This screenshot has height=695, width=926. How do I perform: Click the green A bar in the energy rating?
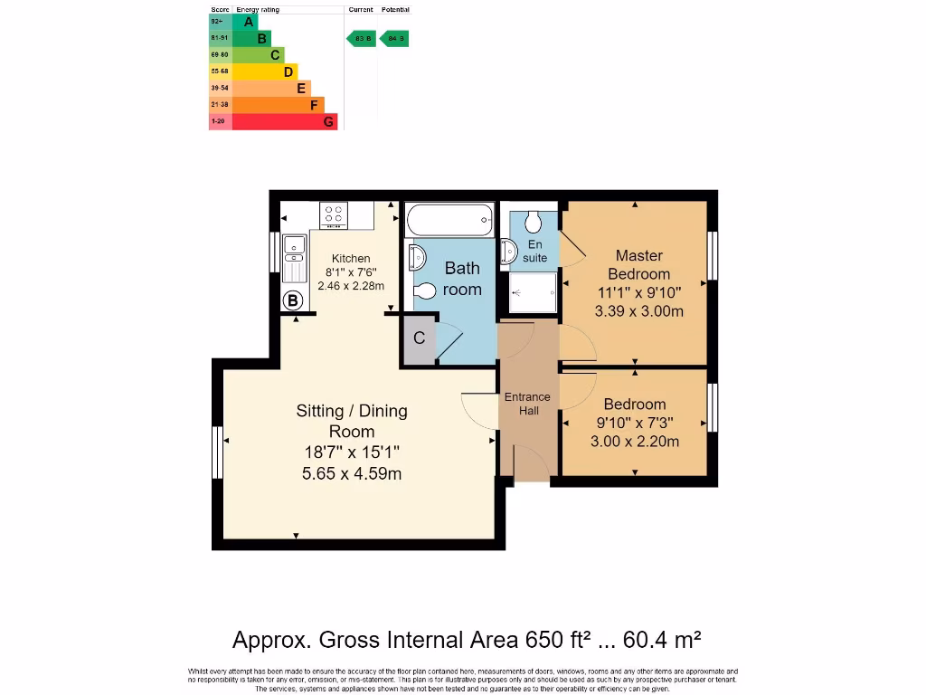tap(245, 22)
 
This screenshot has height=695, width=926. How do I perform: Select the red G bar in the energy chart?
tap(285, 121)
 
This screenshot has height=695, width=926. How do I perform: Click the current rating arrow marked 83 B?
tap(363, 39)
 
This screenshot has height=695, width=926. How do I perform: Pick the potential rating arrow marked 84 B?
tap(394, 39)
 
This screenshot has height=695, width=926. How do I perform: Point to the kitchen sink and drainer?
tap(294, 259)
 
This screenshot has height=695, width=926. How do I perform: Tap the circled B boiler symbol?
tap(293, 301)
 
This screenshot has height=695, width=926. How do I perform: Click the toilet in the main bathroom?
tap(423, 291)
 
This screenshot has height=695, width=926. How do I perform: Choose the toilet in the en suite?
tap(533, 222)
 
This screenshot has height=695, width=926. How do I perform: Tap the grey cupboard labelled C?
tap(419, 339)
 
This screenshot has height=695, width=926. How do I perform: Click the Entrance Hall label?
tap(528, 404)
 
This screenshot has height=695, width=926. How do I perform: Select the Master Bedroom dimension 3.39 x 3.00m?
tap(638, 311)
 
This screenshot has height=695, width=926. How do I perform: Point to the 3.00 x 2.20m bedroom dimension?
tap(635, 442)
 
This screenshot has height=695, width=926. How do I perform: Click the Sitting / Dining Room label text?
tap(352, 421)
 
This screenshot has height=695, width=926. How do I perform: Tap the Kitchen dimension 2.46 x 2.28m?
tap(351, 285)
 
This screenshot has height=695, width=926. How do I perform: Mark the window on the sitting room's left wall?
tap(217, 452)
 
